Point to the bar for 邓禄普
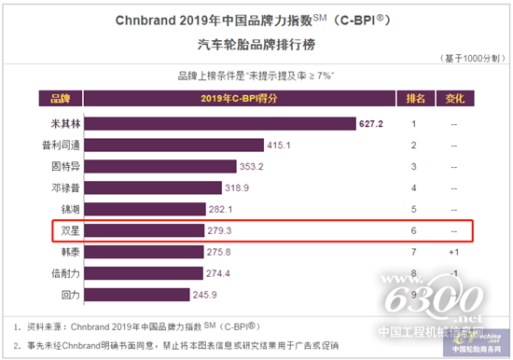166,187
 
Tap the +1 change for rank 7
453,252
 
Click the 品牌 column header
60,97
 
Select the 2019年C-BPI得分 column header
241,97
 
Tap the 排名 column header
415,97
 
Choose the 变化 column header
454,97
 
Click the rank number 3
414,166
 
